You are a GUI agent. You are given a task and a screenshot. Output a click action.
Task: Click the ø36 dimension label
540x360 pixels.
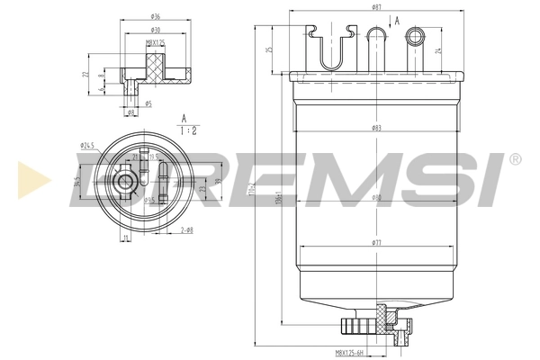click(x=156, y=16)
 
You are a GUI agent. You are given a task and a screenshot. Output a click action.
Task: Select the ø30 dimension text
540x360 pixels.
click(x=156, y=29)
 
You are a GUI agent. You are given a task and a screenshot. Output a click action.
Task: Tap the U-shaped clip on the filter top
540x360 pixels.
click(x=331, y=46)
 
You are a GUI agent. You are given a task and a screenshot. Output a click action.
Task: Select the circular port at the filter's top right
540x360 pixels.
click(x=415, y=36)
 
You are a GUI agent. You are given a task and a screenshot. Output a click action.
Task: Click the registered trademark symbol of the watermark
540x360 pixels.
click(x=514, y=159)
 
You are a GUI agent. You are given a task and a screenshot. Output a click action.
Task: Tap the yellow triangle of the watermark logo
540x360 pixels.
click(x=30, y=180)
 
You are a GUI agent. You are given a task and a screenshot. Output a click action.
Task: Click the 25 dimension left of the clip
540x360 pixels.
click(x=269, y=49)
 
